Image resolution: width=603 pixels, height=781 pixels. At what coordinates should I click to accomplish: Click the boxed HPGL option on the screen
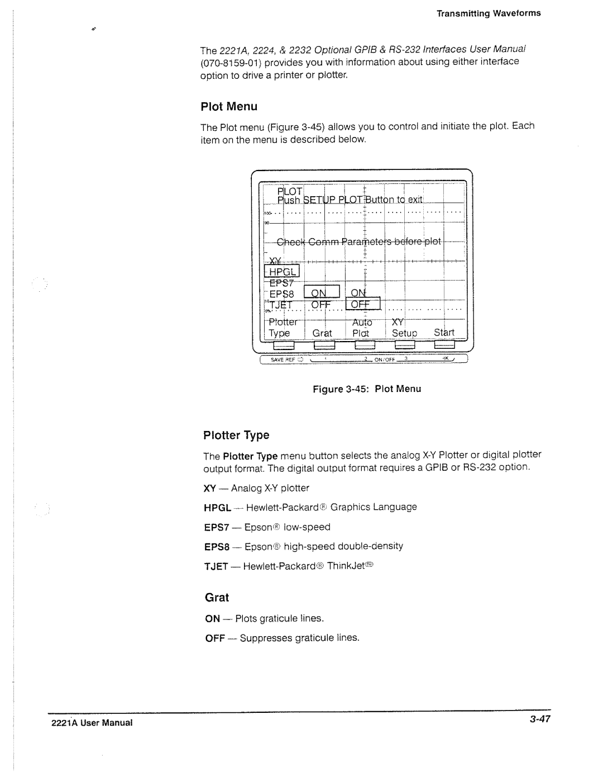point(283,272)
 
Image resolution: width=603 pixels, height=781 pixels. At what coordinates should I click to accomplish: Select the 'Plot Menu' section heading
point(229,106)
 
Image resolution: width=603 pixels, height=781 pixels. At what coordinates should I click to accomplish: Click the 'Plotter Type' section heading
point(236,435)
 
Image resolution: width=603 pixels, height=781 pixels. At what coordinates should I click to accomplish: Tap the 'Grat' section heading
point(217,598)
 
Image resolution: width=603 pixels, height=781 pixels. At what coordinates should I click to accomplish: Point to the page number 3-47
point(540,720)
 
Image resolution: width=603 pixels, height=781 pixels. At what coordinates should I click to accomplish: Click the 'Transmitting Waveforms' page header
point(489,13)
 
